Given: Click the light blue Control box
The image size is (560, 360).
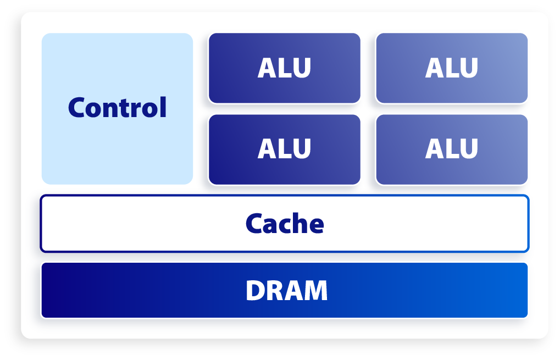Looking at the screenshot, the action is coord(117,109).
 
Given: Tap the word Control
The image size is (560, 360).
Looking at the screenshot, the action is coord(117,107).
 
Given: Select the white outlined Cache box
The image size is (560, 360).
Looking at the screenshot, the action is coord(284,224).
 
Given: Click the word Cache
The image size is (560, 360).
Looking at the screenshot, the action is coord(285,224).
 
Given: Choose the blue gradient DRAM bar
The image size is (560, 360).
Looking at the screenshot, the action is coord(284,290).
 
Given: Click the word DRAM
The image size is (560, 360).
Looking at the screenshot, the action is coord(286,290).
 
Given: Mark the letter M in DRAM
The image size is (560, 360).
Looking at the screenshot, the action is coord(315,290).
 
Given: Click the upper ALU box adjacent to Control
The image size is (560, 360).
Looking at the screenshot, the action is coord(284,68).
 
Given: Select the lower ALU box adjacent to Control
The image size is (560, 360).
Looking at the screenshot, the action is coord(284,149).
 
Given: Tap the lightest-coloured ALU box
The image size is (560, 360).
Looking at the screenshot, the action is coord(452,68).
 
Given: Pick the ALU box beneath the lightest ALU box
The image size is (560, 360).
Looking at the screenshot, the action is coord(452,149).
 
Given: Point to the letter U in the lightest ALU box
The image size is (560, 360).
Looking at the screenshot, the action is coord(469,68).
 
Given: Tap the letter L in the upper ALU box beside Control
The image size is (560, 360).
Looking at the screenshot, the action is coord(285,68).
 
